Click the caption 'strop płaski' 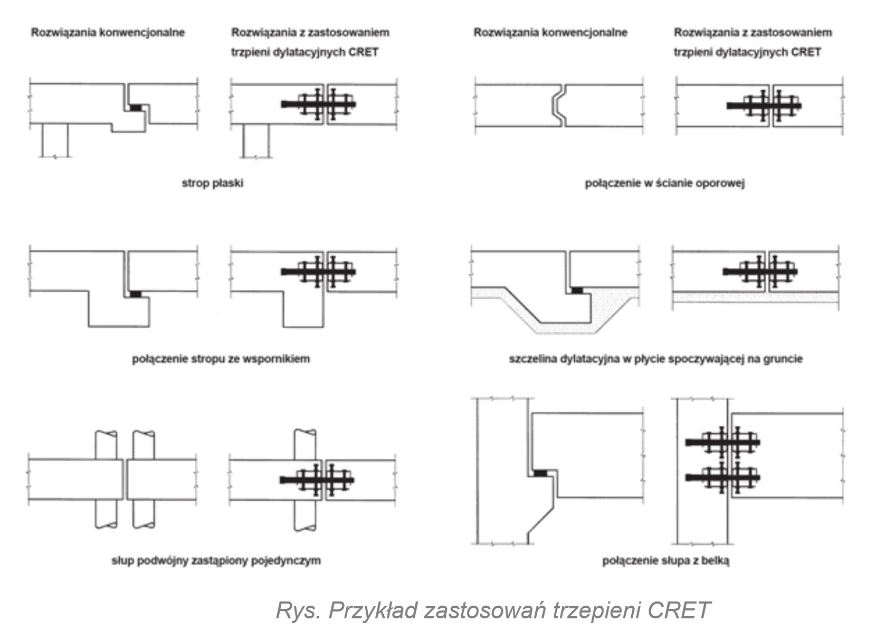click(x=212, y=184)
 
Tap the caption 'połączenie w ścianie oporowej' click(x=664, y=184)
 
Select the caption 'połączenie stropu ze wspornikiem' click(x=221, y=359)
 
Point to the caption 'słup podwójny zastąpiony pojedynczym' click(x=216, y=560)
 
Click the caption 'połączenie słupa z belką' click(x=665, y=560)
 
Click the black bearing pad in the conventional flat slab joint click(x=136, y=107)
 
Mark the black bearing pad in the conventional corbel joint click(x=136, y=294)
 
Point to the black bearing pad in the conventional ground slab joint click(x=577, y=290)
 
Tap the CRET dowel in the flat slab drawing click(x=318, y=104)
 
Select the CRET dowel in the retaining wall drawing click(x=764, y=106)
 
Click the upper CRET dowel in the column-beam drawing click(x=722, y=442)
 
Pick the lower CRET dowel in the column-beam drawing click(x=722, y=477)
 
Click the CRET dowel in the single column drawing click(x=317, y=480)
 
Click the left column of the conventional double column click(x=106, y=480)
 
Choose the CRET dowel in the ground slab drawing click(x=760, y=272)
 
